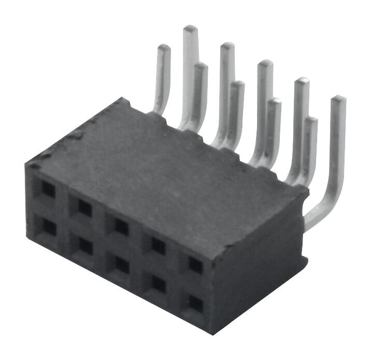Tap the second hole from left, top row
pos(84,207)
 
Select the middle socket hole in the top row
pos(121,226)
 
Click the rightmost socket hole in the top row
pos(195,265)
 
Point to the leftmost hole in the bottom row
pos(48,226)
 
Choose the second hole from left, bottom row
pos(85,245)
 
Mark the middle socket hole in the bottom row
pos(122,264)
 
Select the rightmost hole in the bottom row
pos(195,303)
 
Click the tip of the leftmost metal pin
pos(164,48)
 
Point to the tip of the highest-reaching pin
pos(191,29)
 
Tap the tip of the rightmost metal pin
pos(338,99)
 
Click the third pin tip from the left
pos(200,66)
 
